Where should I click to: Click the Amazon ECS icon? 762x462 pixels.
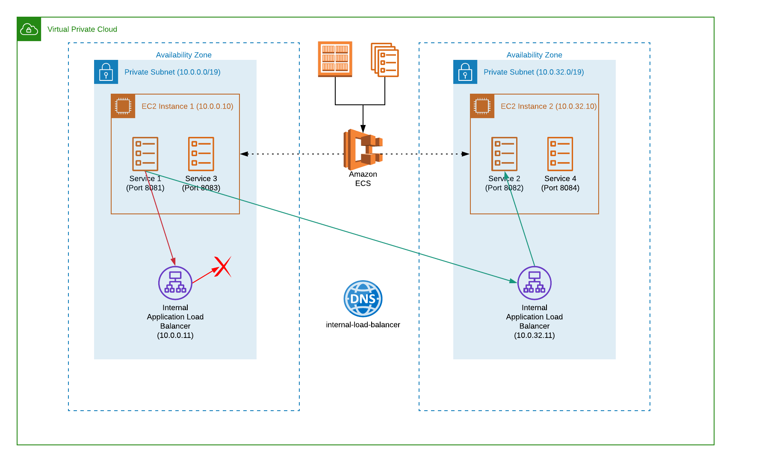tap(363, 149)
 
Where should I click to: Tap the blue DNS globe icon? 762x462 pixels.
tap(363, 299)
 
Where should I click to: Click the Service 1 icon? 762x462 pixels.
tap(145, 154)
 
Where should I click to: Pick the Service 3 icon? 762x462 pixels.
tap(201, 154)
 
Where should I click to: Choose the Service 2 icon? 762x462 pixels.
tap(504, 154)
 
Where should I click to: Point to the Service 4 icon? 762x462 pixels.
tap(560, 154)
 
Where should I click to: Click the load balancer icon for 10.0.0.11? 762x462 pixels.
tap(175, 283)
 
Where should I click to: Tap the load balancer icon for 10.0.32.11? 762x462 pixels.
tap(535, 283)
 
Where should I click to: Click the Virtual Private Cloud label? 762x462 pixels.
tap(82, 29)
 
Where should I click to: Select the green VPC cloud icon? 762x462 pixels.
tap(29, 29)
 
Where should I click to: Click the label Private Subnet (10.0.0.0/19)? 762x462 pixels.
tap(172, 72)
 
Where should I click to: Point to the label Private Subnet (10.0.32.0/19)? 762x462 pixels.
tap(533, 72)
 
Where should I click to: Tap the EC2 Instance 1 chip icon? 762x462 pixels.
tap(123, 106)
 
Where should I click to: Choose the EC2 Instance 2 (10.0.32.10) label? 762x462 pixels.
tap(549, 106)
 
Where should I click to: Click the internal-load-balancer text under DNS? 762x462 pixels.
tap(363, 325)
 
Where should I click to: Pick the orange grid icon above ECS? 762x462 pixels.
tap(335, 59)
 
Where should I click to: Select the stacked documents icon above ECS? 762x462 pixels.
tap(385, 60)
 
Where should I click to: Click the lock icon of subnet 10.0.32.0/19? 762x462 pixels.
tap(465, 72)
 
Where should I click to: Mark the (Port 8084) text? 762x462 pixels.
tap(560, 188)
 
